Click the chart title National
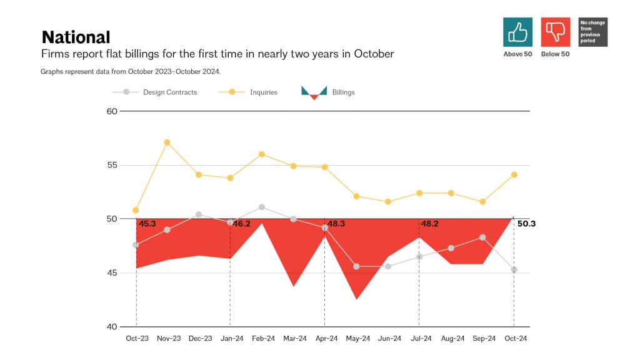tap(76, 37)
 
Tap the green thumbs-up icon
tap(517, 32)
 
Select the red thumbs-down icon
tap(555, 32)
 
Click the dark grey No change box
tap(592, 32)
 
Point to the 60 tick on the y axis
tap(112, 111)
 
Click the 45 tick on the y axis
tap(112, 273)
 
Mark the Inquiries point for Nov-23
tap(167, 142)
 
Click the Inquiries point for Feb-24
tap(262, 154)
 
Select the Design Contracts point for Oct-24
tap(514, 270)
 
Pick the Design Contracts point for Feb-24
tap(262, 207)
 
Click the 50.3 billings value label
tap(527, 224)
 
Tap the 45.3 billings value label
tap(147, 224)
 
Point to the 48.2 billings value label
tap(431, 224)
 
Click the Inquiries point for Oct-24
tap(514, 175)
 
